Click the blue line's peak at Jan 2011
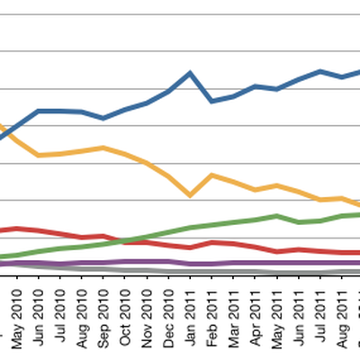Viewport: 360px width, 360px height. [190, 72]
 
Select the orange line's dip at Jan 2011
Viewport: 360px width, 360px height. [190, 194]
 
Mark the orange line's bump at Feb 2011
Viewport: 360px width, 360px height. [211, 175]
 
